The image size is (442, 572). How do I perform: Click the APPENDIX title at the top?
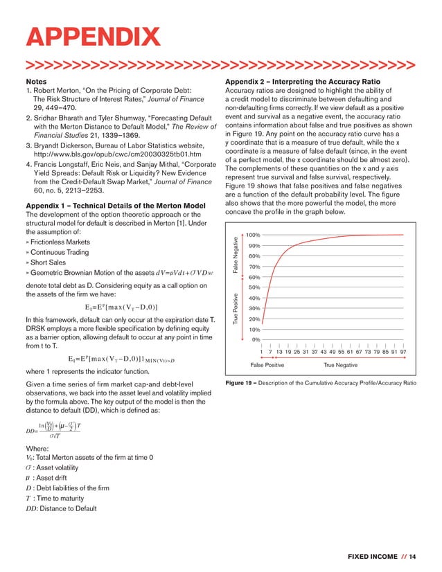[x=91, y=37]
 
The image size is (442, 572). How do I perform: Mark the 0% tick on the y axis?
[x=256, y=339]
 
